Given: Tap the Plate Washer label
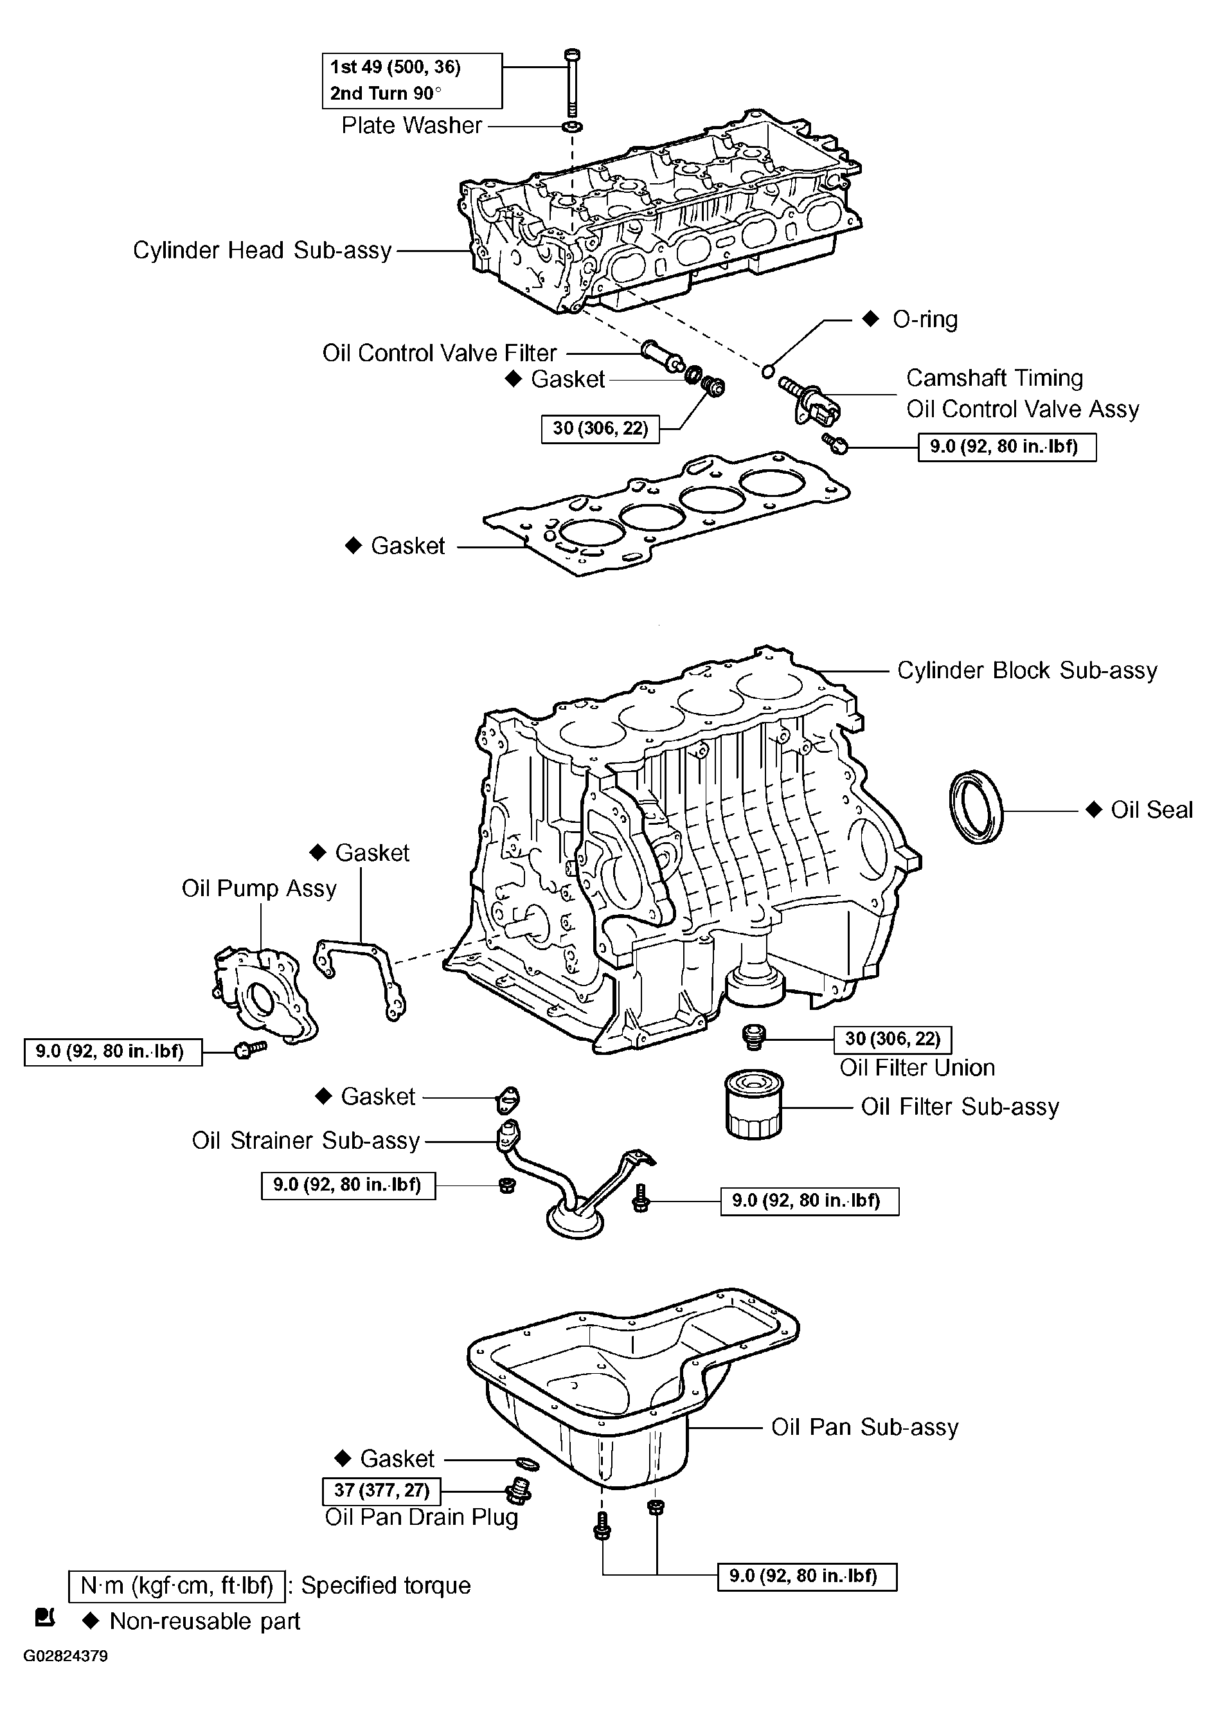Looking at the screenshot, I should [411, 126].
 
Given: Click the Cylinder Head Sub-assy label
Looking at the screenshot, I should [262, 250].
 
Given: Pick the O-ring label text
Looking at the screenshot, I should [925, 320].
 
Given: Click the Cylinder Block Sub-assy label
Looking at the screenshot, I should [1026, 670].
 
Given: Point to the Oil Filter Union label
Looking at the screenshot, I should [917, 1067].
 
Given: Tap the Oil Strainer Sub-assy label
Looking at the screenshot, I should [305, 1140].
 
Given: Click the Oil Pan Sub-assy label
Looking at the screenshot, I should [865, 1428].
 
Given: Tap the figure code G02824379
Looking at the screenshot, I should [66, 1656].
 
